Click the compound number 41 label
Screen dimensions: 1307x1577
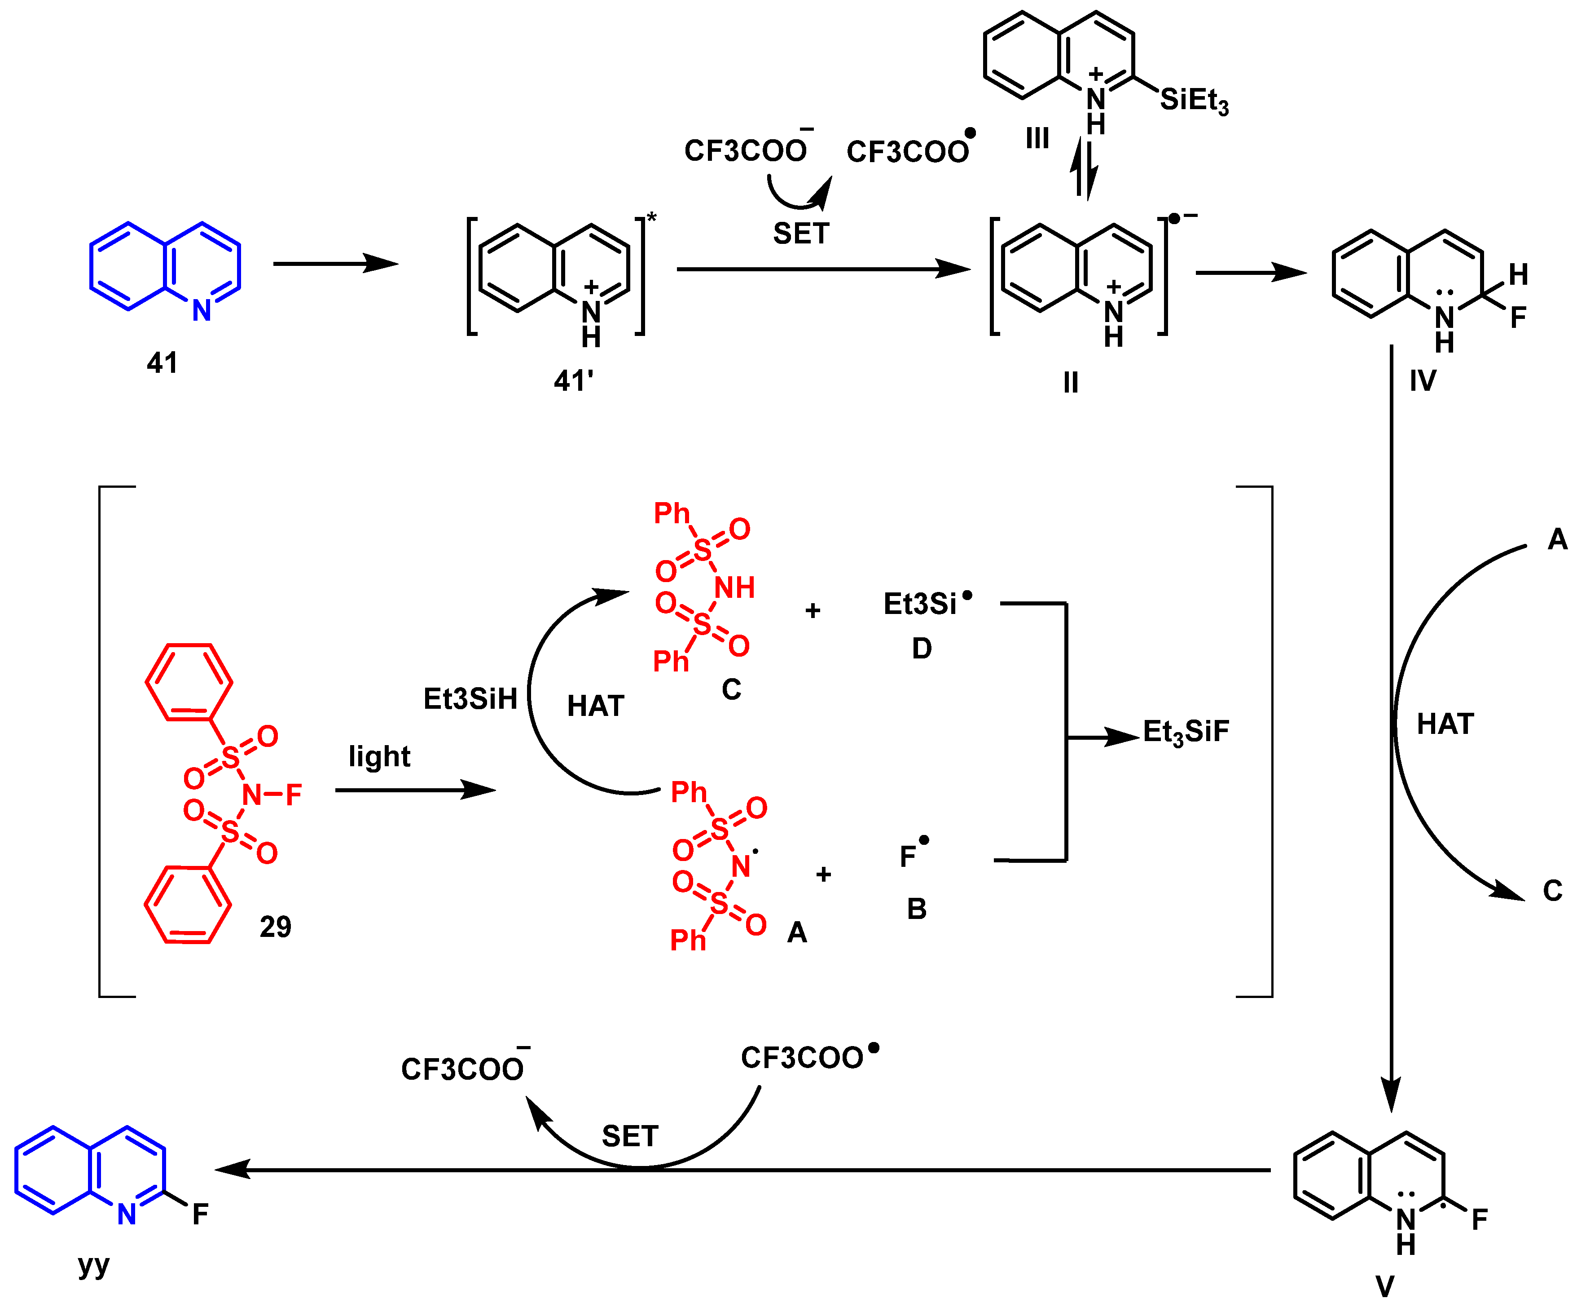pos(162,363)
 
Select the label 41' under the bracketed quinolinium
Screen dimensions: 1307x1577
pos(573,381)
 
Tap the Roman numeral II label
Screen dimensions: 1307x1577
pos(1071,383)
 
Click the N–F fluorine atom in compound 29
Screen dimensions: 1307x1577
pos(294,794)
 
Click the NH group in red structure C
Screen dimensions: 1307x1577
pos(734,587)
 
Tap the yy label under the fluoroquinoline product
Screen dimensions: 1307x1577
pos(94,1265)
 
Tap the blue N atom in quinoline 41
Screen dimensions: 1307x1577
pos(201,311)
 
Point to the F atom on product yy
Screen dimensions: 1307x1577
pos(200,1214)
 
